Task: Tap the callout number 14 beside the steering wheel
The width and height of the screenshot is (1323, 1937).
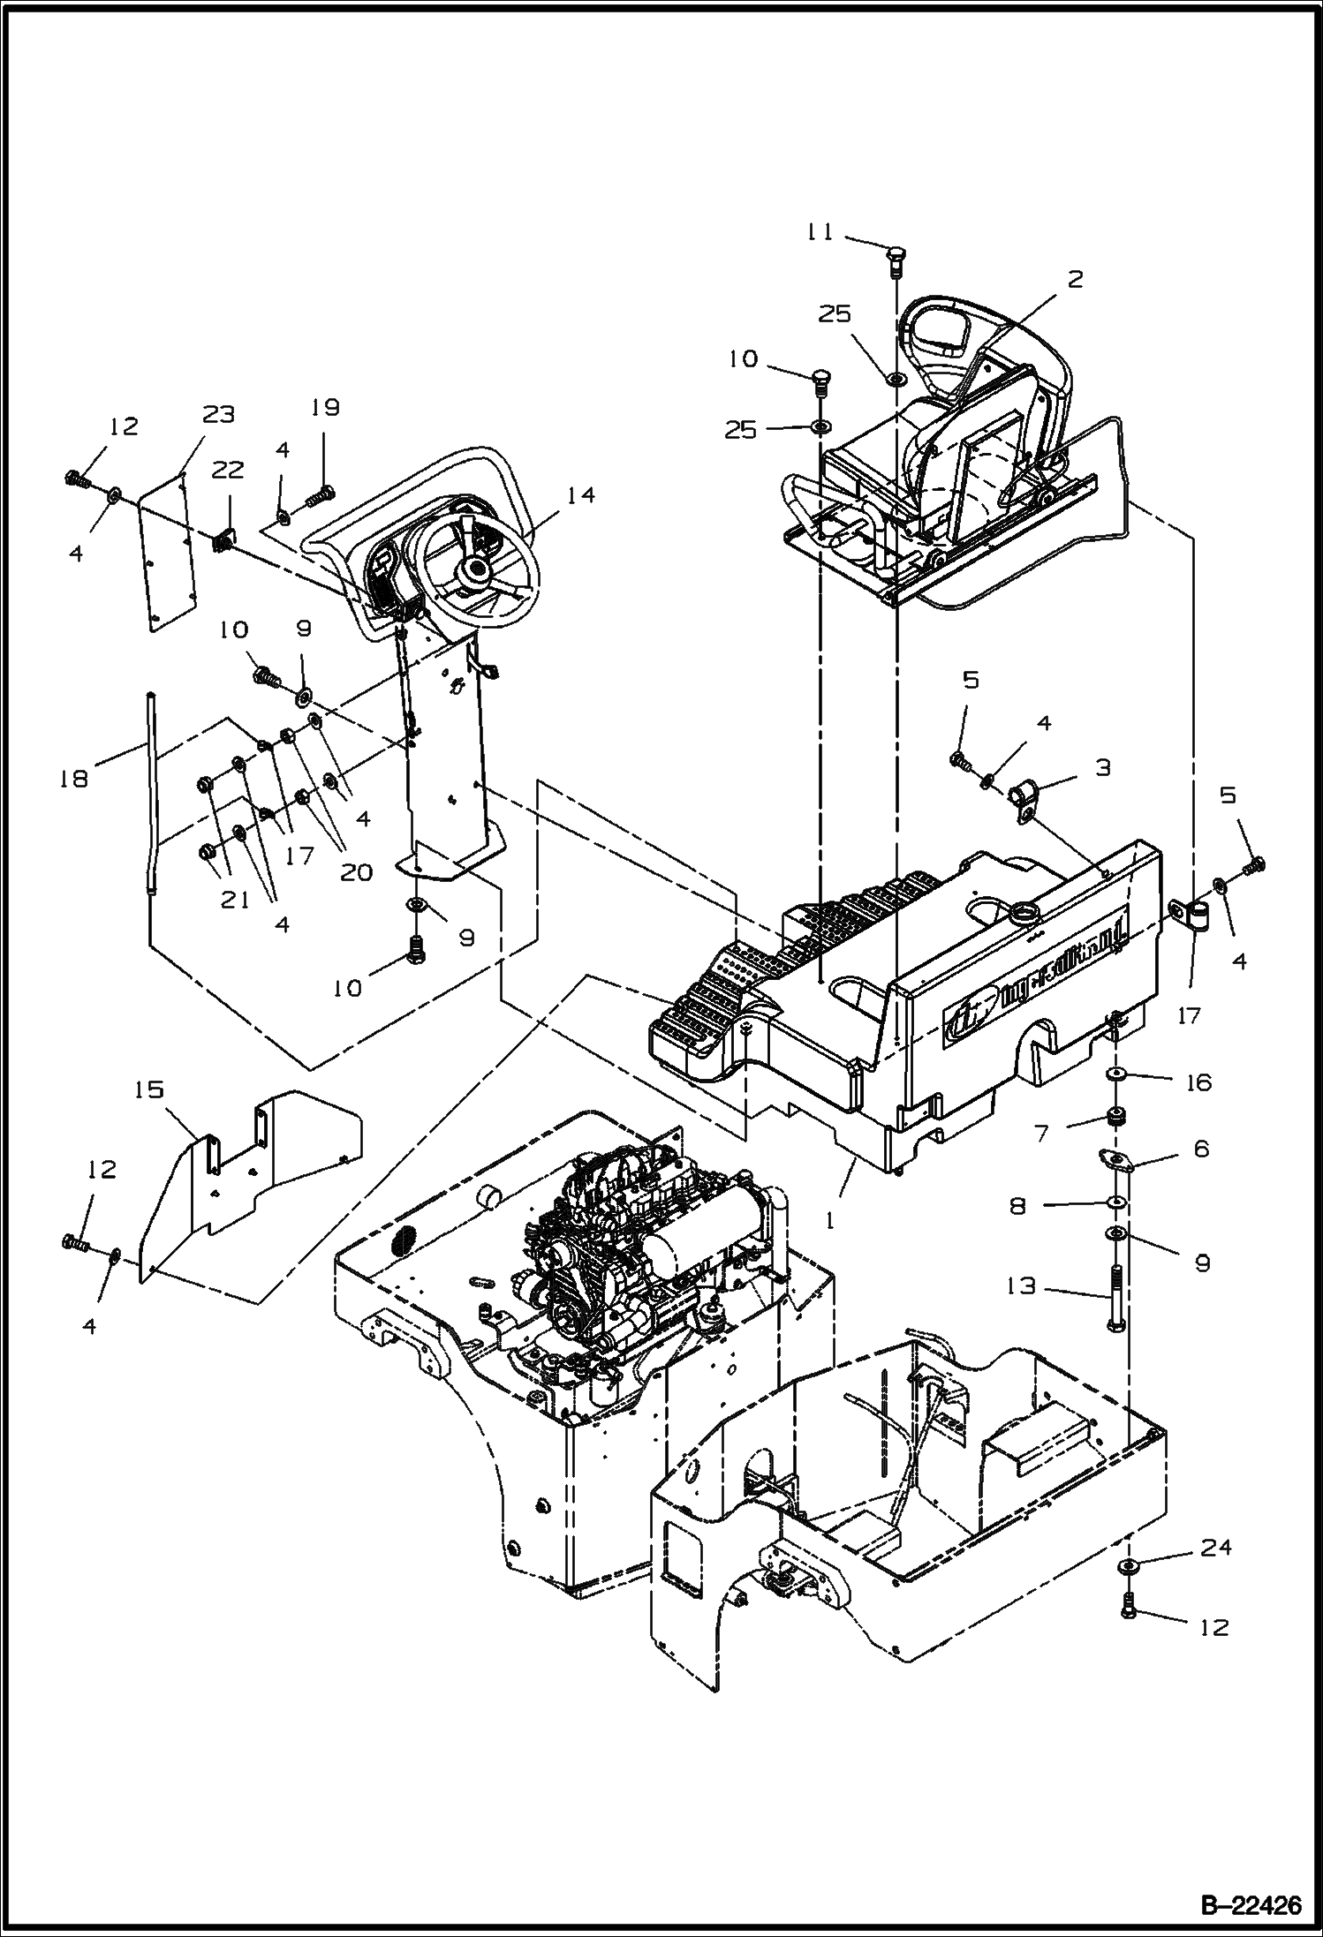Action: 580,496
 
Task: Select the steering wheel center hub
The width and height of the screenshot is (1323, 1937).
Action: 477,571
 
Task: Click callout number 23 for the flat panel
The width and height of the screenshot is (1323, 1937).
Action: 218,414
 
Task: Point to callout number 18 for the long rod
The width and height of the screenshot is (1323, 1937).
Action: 75,778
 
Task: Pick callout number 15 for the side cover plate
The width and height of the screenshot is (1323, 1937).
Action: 149,1090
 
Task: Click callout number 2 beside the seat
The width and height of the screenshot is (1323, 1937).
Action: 1075,280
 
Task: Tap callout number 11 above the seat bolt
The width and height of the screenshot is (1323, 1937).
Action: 820,232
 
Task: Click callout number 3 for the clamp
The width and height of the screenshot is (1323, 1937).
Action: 1102,767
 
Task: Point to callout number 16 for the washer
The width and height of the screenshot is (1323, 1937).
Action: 1198,1082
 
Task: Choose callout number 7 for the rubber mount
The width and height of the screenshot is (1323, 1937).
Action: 1042,1132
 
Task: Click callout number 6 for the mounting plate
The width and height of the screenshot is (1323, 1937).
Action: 1200,1149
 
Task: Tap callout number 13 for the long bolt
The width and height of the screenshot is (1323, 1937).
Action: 1021,1286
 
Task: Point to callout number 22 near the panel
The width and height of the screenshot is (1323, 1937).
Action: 227,471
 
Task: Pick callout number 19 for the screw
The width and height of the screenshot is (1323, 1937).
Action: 325,408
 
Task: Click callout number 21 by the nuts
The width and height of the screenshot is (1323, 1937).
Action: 234,901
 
